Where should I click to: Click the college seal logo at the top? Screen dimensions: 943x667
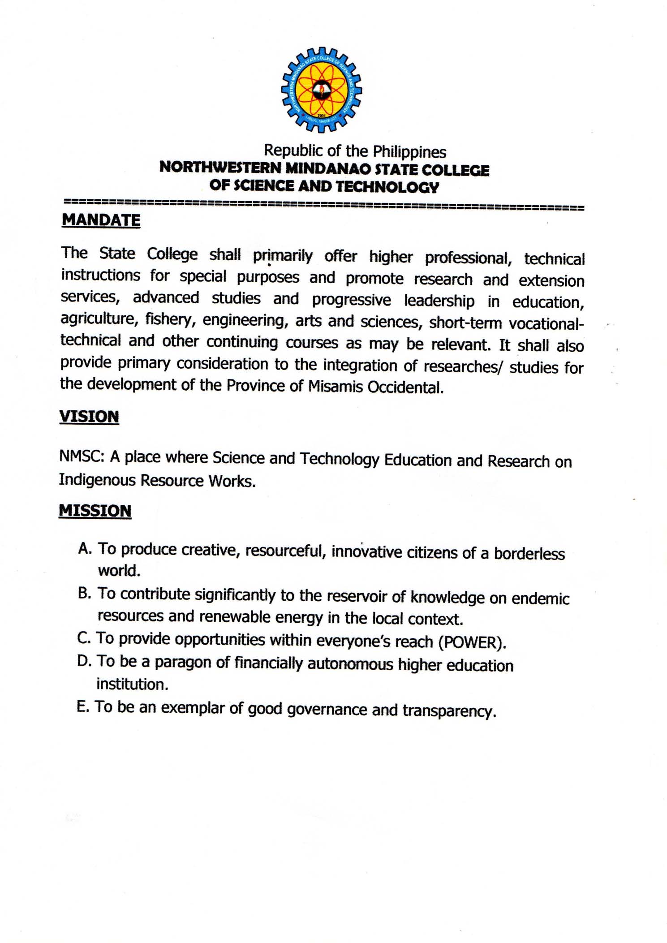[x=322, y=90]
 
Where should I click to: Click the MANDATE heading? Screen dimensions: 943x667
[x=101, y=220]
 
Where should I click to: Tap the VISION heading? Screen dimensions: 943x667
[x=89, y=416]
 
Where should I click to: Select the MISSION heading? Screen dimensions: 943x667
[x=95, y=511]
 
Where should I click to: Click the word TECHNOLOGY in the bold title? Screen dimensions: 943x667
[x=387, y=186]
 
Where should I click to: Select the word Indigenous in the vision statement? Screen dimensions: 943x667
[x=97, y=480]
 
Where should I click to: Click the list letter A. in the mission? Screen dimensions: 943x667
[x=85, y=548]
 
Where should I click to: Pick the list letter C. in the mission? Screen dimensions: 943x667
[x=84, y=638]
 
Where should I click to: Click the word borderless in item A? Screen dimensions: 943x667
[x=529, y=554]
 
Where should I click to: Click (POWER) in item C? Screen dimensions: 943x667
[x=472, y=643]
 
